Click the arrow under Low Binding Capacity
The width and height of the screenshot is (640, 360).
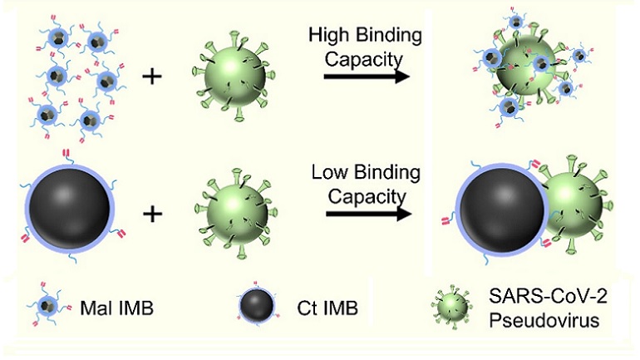pyautogui.click(x=367, y=214)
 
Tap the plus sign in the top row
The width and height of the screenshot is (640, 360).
pyautogui.click(x=151, y=77)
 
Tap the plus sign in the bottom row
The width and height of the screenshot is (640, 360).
pyautogui.click(x=151, y=214)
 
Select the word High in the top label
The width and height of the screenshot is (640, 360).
pyautogui.click(x=327, y=36)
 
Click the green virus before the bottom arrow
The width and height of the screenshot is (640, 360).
pyautogui.click(x=232, y=214)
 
